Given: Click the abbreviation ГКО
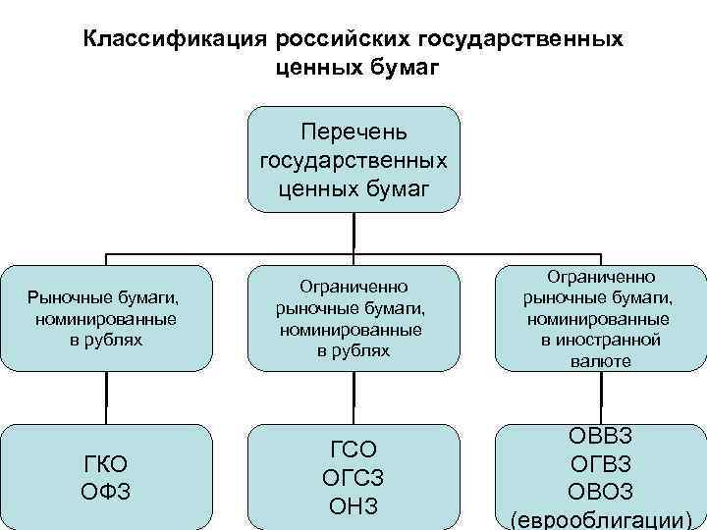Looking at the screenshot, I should click(106, 463).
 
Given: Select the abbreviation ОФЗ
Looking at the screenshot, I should click(106, 489).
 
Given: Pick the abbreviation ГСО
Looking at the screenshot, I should click(353, 450).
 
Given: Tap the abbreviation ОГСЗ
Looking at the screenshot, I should click(353, 478).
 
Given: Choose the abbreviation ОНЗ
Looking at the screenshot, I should click(353, 505).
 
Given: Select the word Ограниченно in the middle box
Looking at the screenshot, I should click(353, 288).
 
